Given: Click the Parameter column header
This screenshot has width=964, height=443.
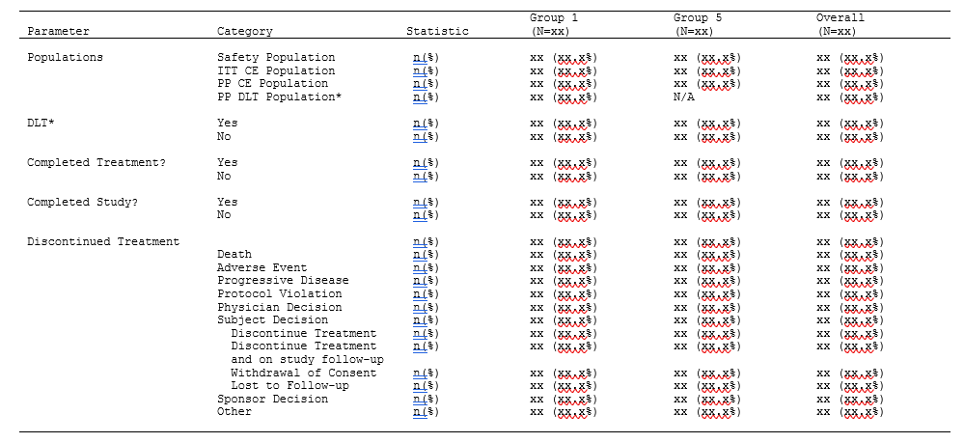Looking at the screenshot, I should [x=58, y=32].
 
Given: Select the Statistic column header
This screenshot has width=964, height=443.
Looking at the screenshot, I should [x=437, y=32].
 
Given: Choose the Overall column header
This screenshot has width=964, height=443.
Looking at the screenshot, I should [x=840, y=18].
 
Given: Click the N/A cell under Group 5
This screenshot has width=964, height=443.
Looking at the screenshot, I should [x=684, y=97].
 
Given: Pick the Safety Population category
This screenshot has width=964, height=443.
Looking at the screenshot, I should [x=276, y=58].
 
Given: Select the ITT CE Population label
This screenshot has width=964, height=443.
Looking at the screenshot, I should [x=276, y=70].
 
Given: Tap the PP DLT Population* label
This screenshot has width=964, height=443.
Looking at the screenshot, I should [x=279, y=97].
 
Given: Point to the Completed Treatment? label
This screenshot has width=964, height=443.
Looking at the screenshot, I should [x=96, y=163].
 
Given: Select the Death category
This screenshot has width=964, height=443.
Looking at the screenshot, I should [x=234, y=255].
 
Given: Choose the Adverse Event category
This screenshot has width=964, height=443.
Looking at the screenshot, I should [x=262, y=268].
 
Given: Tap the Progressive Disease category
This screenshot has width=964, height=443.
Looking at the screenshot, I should [x=283, y=281].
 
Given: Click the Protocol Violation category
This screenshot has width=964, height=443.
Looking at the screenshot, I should [x=279, y=294].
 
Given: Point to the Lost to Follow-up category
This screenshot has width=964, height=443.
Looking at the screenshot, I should [x=289, y=386].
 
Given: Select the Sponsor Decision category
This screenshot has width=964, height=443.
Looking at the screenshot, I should [x=272, y=399].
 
